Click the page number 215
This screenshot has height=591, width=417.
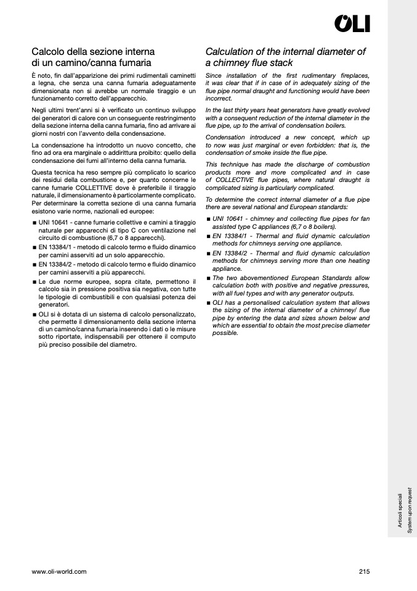pyautogui.click(x=364, y=571)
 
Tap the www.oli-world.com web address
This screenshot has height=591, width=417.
pyautogui.click(x=59, y=571)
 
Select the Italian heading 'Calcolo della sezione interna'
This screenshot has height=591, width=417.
pyautogui.click(x=93, y=52)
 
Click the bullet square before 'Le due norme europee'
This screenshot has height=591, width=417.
pyautogui.click(x=34, y=282)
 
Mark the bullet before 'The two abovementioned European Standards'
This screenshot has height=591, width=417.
pyautogui.click(x=208, y=278)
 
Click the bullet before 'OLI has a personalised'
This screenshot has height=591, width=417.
pyautogui.click(x=208, y=304)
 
